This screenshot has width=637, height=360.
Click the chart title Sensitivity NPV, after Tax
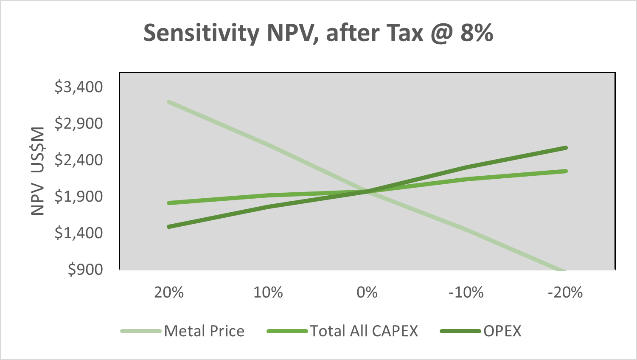(x=318, y=33)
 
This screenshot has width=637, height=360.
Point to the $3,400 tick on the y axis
(x=79, y=87)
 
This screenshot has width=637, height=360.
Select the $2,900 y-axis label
(x=79, y=123)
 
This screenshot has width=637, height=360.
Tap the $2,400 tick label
(x=79, y=160)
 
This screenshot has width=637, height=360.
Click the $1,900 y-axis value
(x=79, y=196)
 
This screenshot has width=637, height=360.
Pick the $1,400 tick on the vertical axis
(x=79, y=233)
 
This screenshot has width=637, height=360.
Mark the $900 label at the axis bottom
(x=85, y=269)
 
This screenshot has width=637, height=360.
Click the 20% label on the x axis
(x=169, y=292)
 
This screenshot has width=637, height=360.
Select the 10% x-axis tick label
(x=268, y=292)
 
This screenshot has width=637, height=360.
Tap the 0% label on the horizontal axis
(x=367, y=292)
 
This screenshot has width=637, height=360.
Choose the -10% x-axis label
(x=466, y=292)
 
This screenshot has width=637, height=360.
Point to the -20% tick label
(x=565, y=292)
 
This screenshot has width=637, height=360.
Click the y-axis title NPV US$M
(x=38, y=171)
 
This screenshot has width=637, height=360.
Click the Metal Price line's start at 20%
(x=169, y=102)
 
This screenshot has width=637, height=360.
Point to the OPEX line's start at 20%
(x=169, y=227)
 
